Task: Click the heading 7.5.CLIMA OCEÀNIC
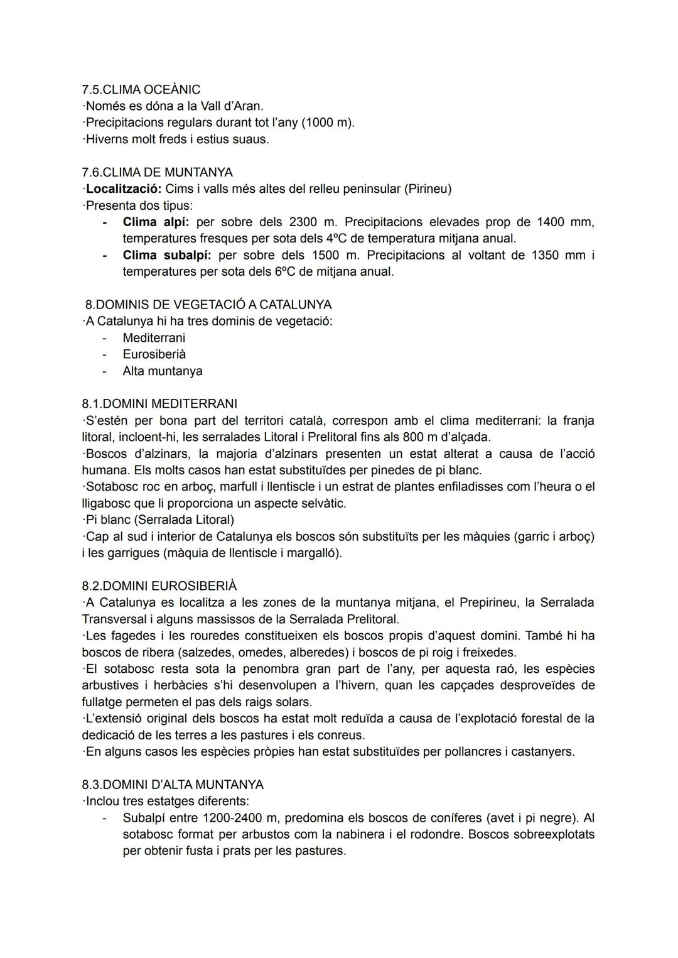coord(141,89)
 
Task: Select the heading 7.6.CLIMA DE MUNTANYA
coord(157,172)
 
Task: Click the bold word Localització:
coord(124,188)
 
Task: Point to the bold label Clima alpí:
coord(156,222)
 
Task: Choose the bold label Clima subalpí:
coord(166,255)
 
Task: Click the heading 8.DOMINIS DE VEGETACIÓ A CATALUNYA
coord(208,305)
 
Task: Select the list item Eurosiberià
coord(154,354)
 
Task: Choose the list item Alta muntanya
coord(163,371)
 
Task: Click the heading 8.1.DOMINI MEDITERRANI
coord(159,403)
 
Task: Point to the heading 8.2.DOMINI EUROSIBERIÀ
coord(159,586)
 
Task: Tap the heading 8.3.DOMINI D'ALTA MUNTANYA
coord(173,785)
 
